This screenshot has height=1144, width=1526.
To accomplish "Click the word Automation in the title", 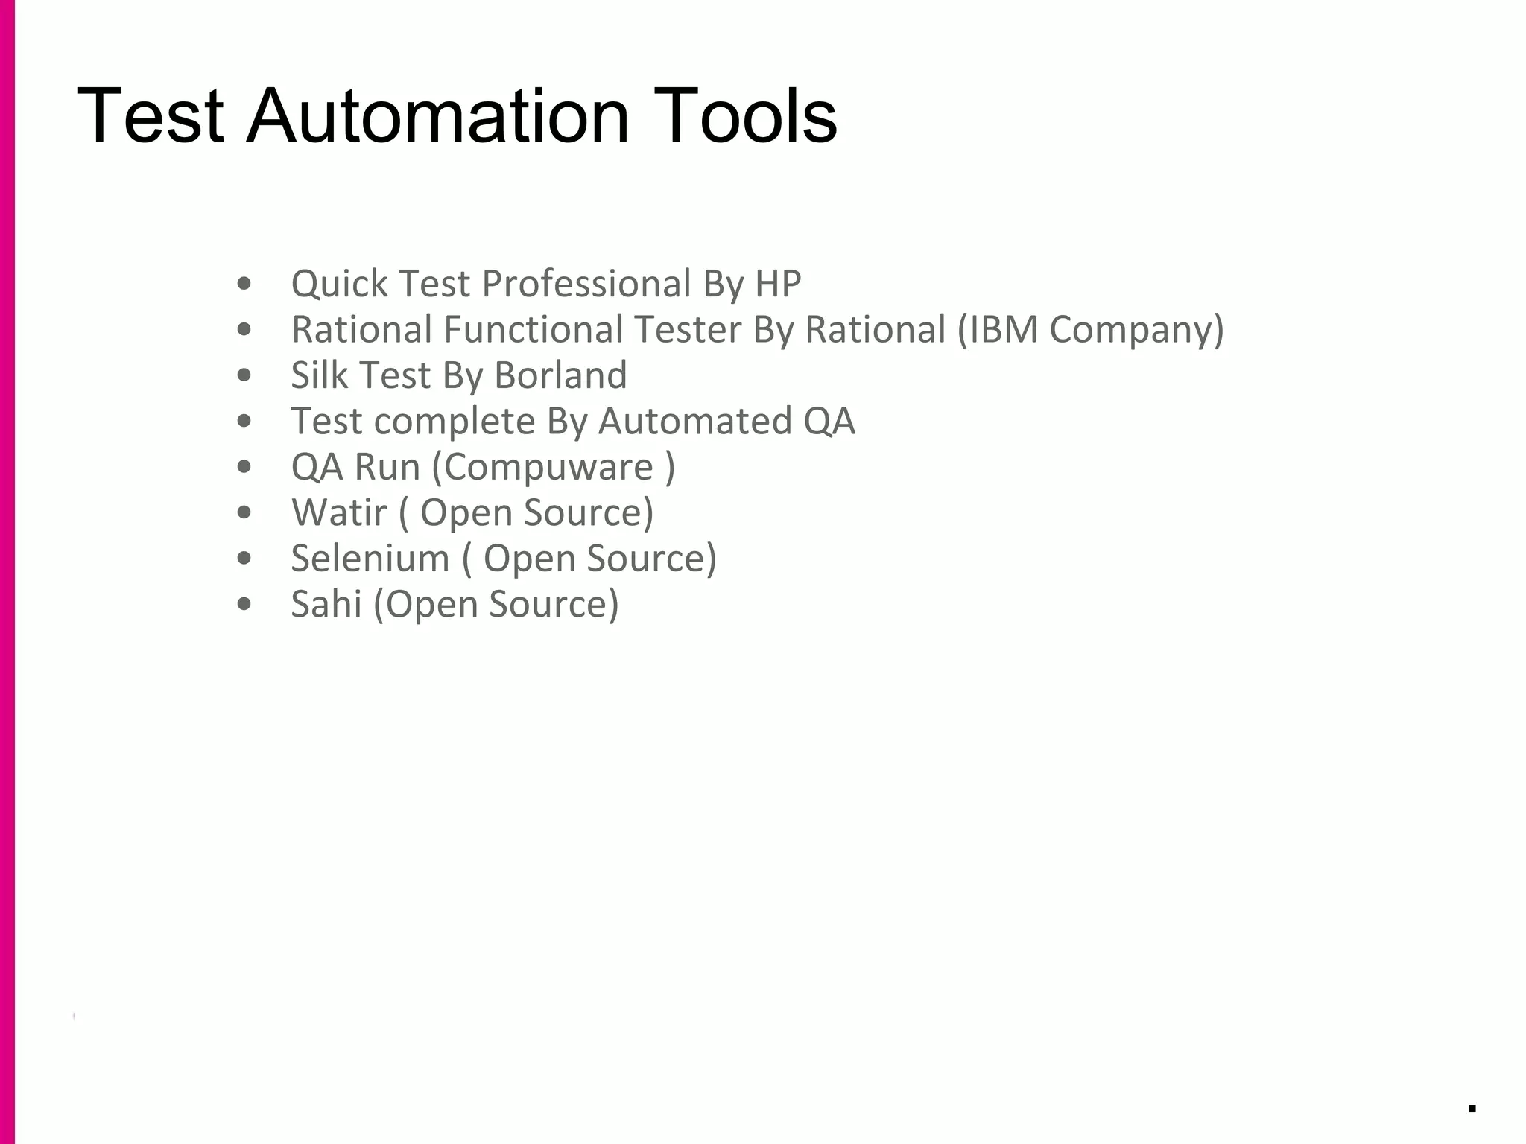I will coord(437,116).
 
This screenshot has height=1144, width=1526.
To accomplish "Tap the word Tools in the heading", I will coord(745,116).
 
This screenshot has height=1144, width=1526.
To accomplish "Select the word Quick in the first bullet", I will coord(339,284).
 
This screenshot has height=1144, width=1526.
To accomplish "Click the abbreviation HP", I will coord(778,284).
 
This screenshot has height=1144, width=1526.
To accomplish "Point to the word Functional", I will coord(533,329).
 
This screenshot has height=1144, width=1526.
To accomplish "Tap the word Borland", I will coord(560,375).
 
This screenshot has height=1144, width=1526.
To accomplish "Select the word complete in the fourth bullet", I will coord(455,422).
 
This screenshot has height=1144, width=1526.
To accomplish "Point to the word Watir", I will coord(339,512).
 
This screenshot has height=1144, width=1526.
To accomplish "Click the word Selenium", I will coord(370,559).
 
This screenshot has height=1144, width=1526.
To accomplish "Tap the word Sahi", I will coord(326,604).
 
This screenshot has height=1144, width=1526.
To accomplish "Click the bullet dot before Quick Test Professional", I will coord(244,284).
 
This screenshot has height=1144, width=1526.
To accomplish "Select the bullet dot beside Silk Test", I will coord(244,375).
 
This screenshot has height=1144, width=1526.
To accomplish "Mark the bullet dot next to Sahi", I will coord(244,605).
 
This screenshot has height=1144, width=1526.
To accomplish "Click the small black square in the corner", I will coord(1472,1108).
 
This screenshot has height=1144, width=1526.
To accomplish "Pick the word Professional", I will coord(587,284).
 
